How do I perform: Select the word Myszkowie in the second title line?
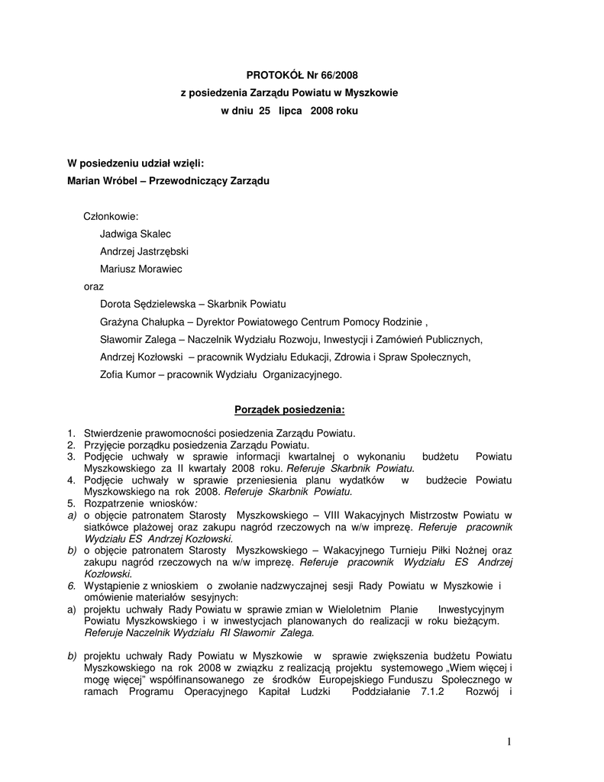[371, 92]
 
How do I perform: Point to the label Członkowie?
[111, 218]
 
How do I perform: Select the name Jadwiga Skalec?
[135, 234]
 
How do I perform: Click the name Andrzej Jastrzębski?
[144, 251]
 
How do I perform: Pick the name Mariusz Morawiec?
[141, 269]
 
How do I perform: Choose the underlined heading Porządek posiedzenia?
[301, 409]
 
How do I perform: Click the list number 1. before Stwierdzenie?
[71, 434]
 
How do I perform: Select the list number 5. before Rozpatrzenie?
[71, 503]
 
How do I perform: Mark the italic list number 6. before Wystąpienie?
[71, 585]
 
